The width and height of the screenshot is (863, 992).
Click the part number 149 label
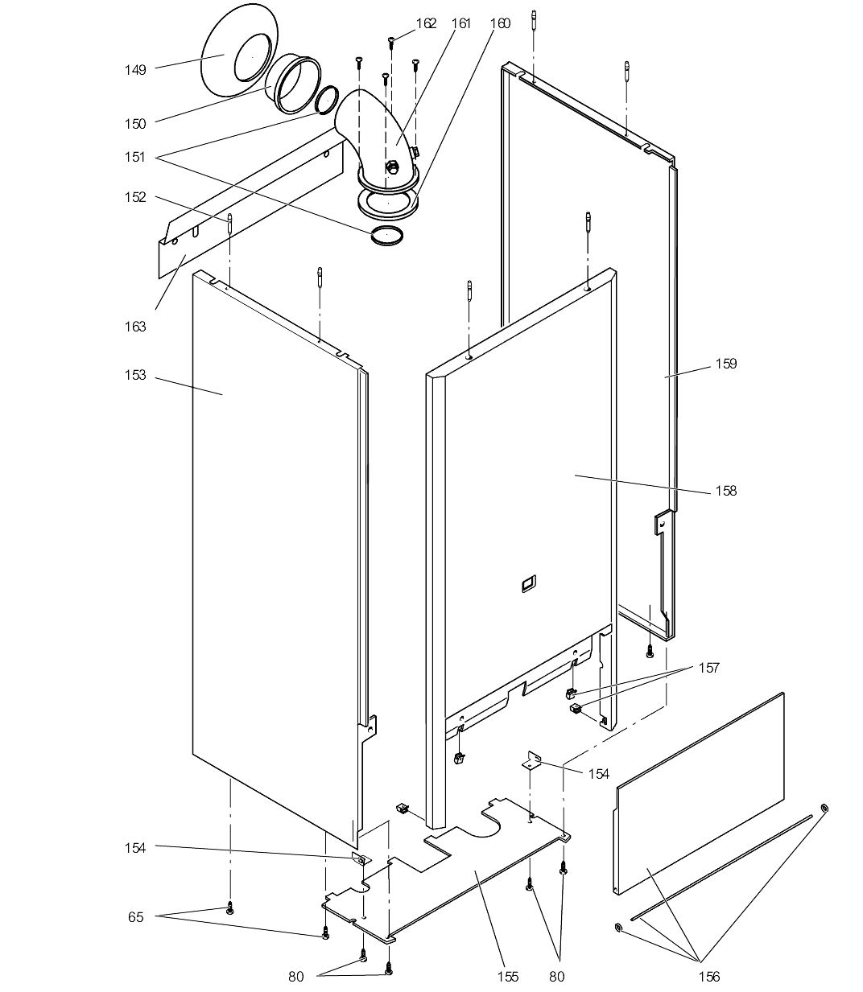click(x=135, y=70)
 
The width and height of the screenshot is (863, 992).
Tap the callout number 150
click(x=135, y=124)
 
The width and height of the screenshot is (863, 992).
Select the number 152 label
click(x=135, y=197)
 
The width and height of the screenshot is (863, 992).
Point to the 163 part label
click(x=135, y=326)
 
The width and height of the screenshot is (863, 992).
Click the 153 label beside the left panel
click(x=135, y=375)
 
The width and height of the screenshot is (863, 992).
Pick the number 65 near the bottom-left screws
click(x=135, y=916)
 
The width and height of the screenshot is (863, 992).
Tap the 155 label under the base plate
click(x=508, y=977)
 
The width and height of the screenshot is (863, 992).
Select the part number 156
click(x=709, y=977)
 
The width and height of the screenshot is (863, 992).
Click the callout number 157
click(x=709, y=668)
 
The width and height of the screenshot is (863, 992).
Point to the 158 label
click(x=725, y=491)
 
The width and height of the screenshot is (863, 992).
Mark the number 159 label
click(x=725, y=364)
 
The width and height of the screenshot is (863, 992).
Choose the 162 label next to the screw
click(x=426, y=23)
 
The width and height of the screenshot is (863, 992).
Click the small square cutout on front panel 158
click(x=528, y=583)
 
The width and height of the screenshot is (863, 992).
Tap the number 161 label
click(x=460, y=23)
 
